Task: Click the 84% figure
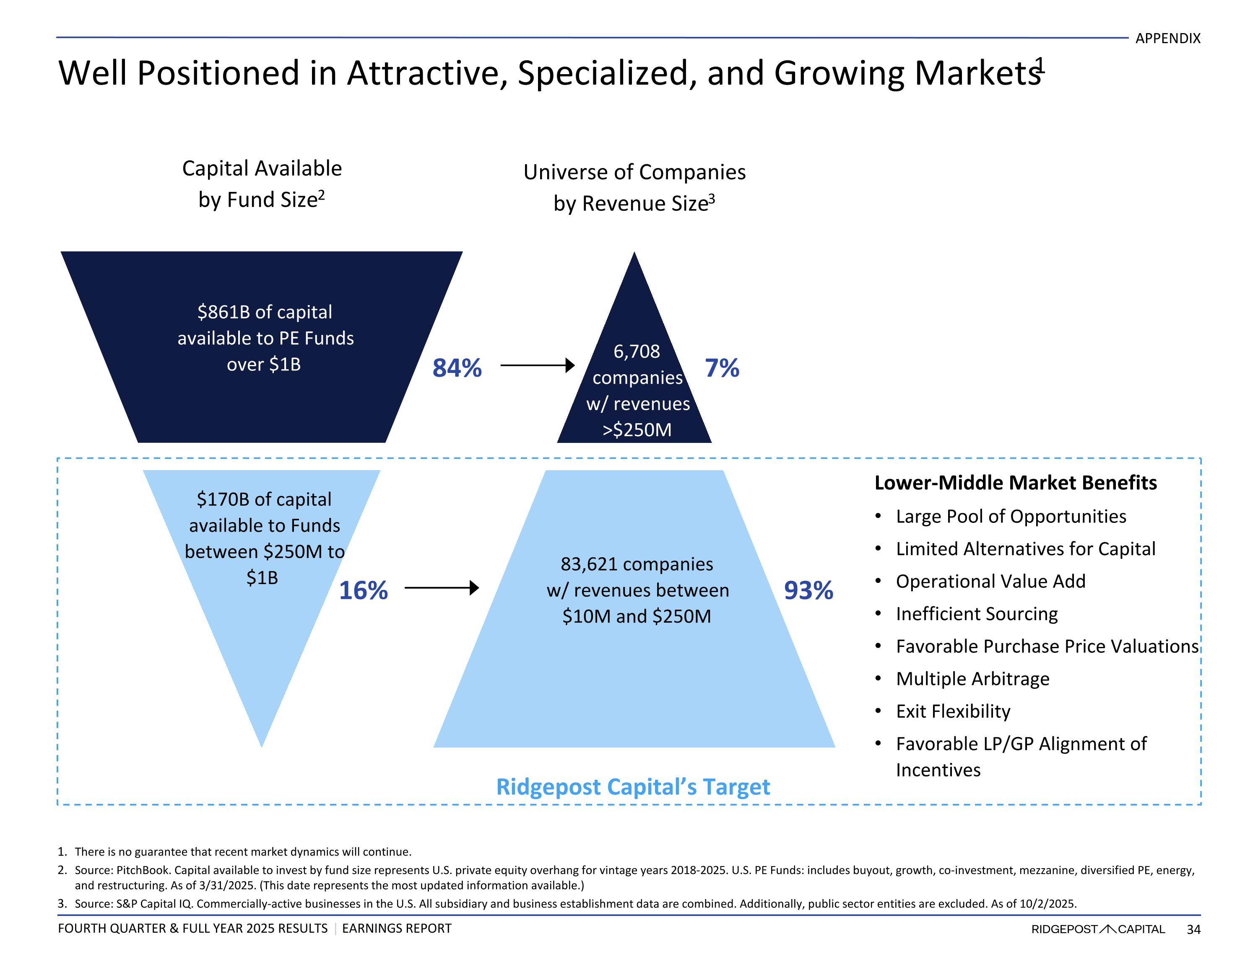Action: tap(457, 368)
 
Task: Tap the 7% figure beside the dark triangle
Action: tap(722, 368)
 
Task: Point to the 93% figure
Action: tap(808, 590)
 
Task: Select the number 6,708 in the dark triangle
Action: tap(637, 351)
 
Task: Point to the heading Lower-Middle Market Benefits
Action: tap(1015, 482)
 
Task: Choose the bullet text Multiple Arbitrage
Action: tap(972, 679)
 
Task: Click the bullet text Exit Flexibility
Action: tap(953, 711)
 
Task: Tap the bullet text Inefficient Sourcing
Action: tap(976, 614)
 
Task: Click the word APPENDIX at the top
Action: tap(1167, 39)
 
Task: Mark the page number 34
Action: tap(1193, 929)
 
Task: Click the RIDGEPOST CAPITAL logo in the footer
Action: tap(1097, 929)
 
